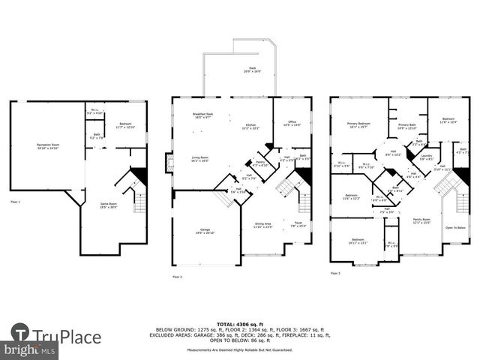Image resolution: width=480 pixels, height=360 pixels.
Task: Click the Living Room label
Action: (199, 158)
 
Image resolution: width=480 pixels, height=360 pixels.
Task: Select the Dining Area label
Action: (262, 224)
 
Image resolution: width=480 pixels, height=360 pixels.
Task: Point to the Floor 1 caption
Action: (15, 202)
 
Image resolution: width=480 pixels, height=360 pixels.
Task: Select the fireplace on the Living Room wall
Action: (169, 163)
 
